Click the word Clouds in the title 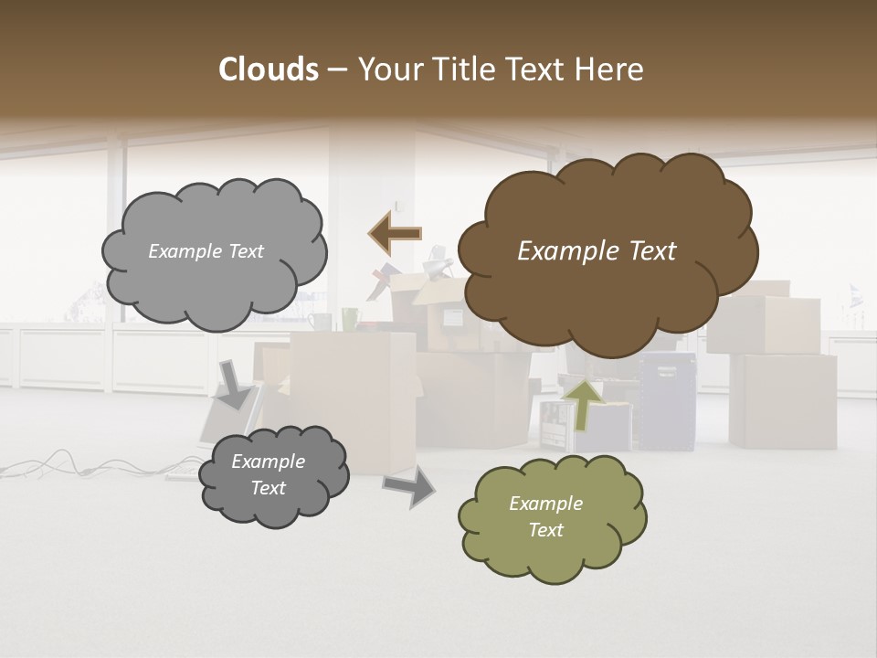(268, 69)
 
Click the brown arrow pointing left (395, 234)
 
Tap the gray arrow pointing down (235, 383)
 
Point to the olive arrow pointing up (584, 403)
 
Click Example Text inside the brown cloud (597, 251)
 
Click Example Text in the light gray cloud (206, 251)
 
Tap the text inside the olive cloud (545, 516)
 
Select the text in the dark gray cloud (268, 475)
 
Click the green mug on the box (351, 319)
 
